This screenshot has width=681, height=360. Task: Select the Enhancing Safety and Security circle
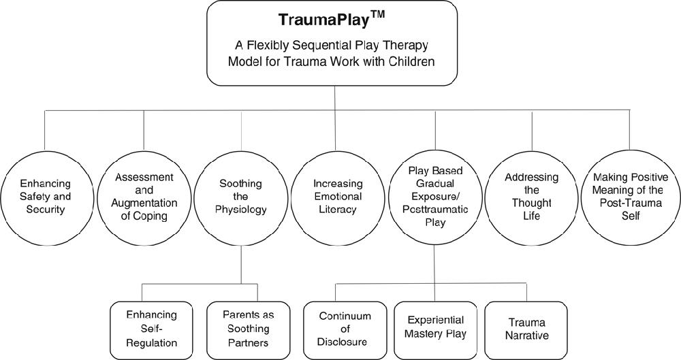(45, 197)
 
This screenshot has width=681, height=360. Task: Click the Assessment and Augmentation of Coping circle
(144, 197)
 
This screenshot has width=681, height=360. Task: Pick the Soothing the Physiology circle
(242, 197)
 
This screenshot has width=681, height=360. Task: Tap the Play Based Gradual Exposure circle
(434, 197)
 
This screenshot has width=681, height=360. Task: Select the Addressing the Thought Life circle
(532, 197)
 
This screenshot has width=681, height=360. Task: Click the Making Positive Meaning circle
(630, 197)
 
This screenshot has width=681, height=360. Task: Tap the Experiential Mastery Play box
(436, 327)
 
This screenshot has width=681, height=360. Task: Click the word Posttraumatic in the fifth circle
(434, 210)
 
